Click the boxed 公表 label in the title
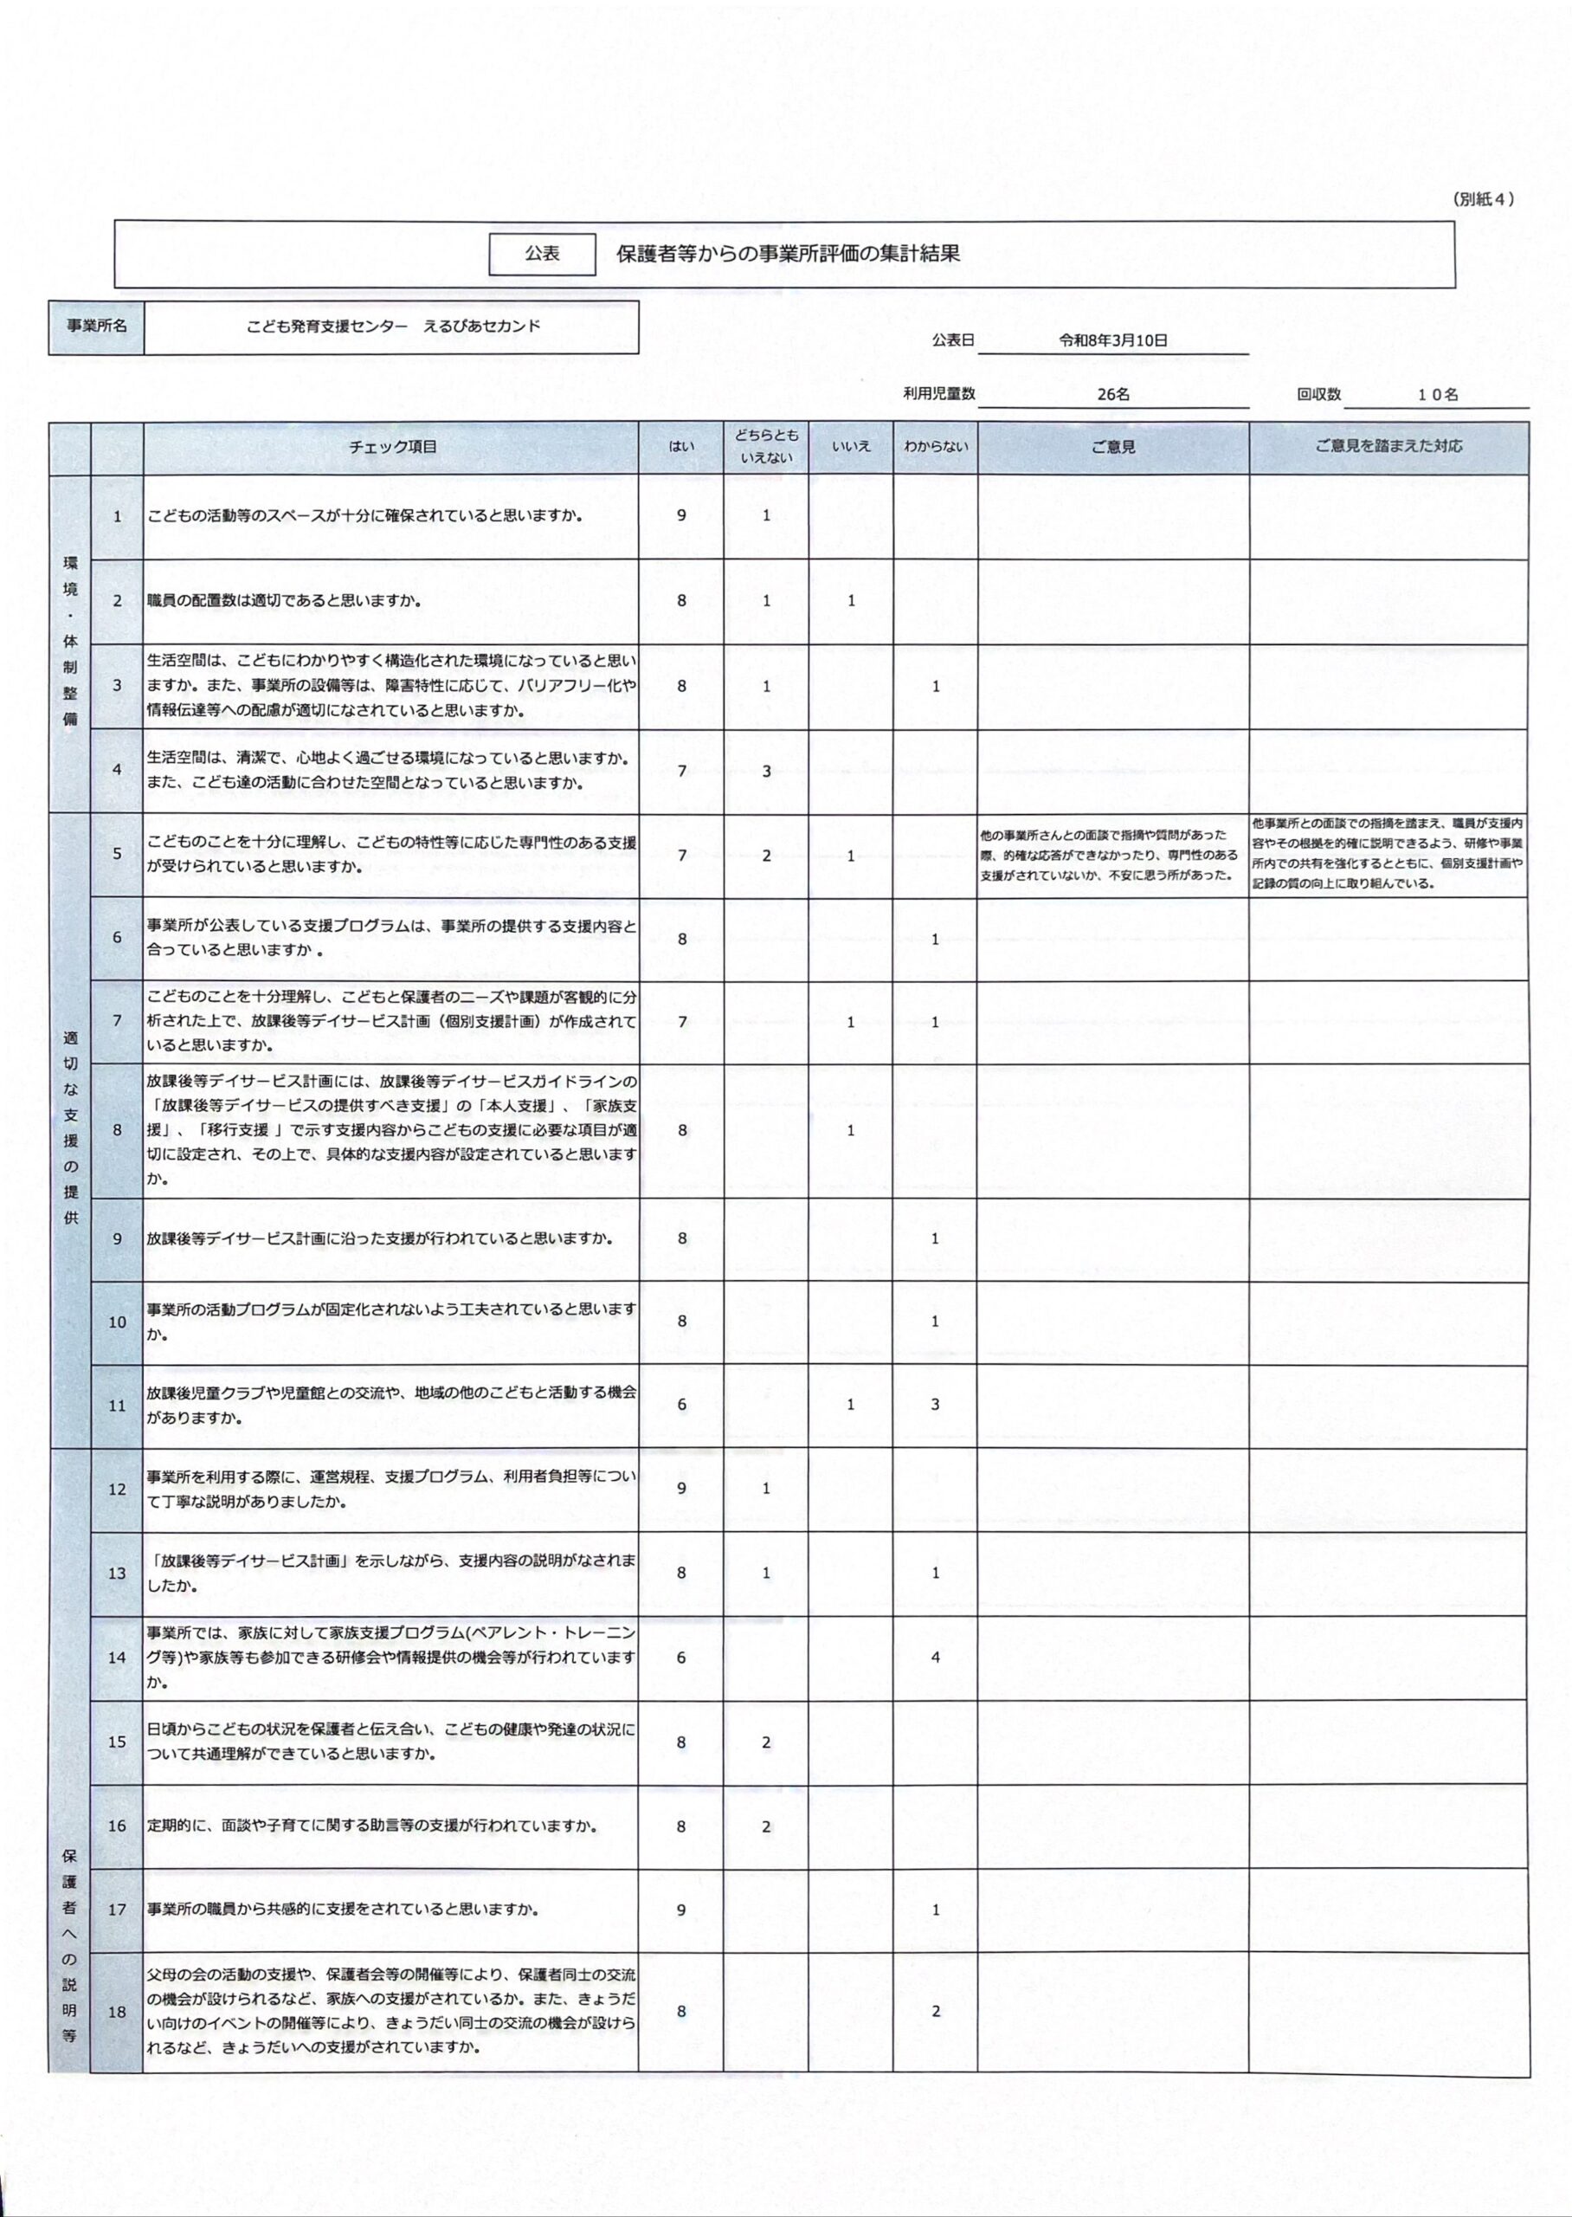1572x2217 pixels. tap(542, 254)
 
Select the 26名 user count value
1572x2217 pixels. tap(1113, 394)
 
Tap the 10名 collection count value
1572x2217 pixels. tap(1438, 394)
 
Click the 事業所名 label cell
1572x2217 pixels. tap(96, 326)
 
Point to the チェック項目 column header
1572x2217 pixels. tap(392, 446)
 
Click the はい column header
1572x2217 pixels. tap(680, 446)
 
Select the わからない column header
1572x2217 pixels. tap(934, 446)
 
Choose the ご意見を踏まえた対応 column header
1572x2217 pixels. tap(1388, 446)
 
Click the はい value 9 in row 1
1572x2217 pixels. tap(681, 515)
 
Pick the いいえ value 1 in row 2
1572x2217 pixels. tap(851, 600)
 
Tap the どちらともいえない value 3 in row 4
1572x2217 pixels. tap(767, 771)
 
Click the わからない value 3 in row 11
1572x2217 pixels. tap(935, 1404)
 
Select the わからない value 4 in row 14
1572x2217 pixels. tap(935, 1657)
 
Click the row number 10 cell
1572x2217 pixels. tap(117, 1322)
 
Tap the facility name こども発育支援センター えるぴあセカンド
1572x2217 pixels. tap(393, 326)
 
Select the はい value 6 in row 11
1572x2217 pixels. tap(681, 1404)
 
